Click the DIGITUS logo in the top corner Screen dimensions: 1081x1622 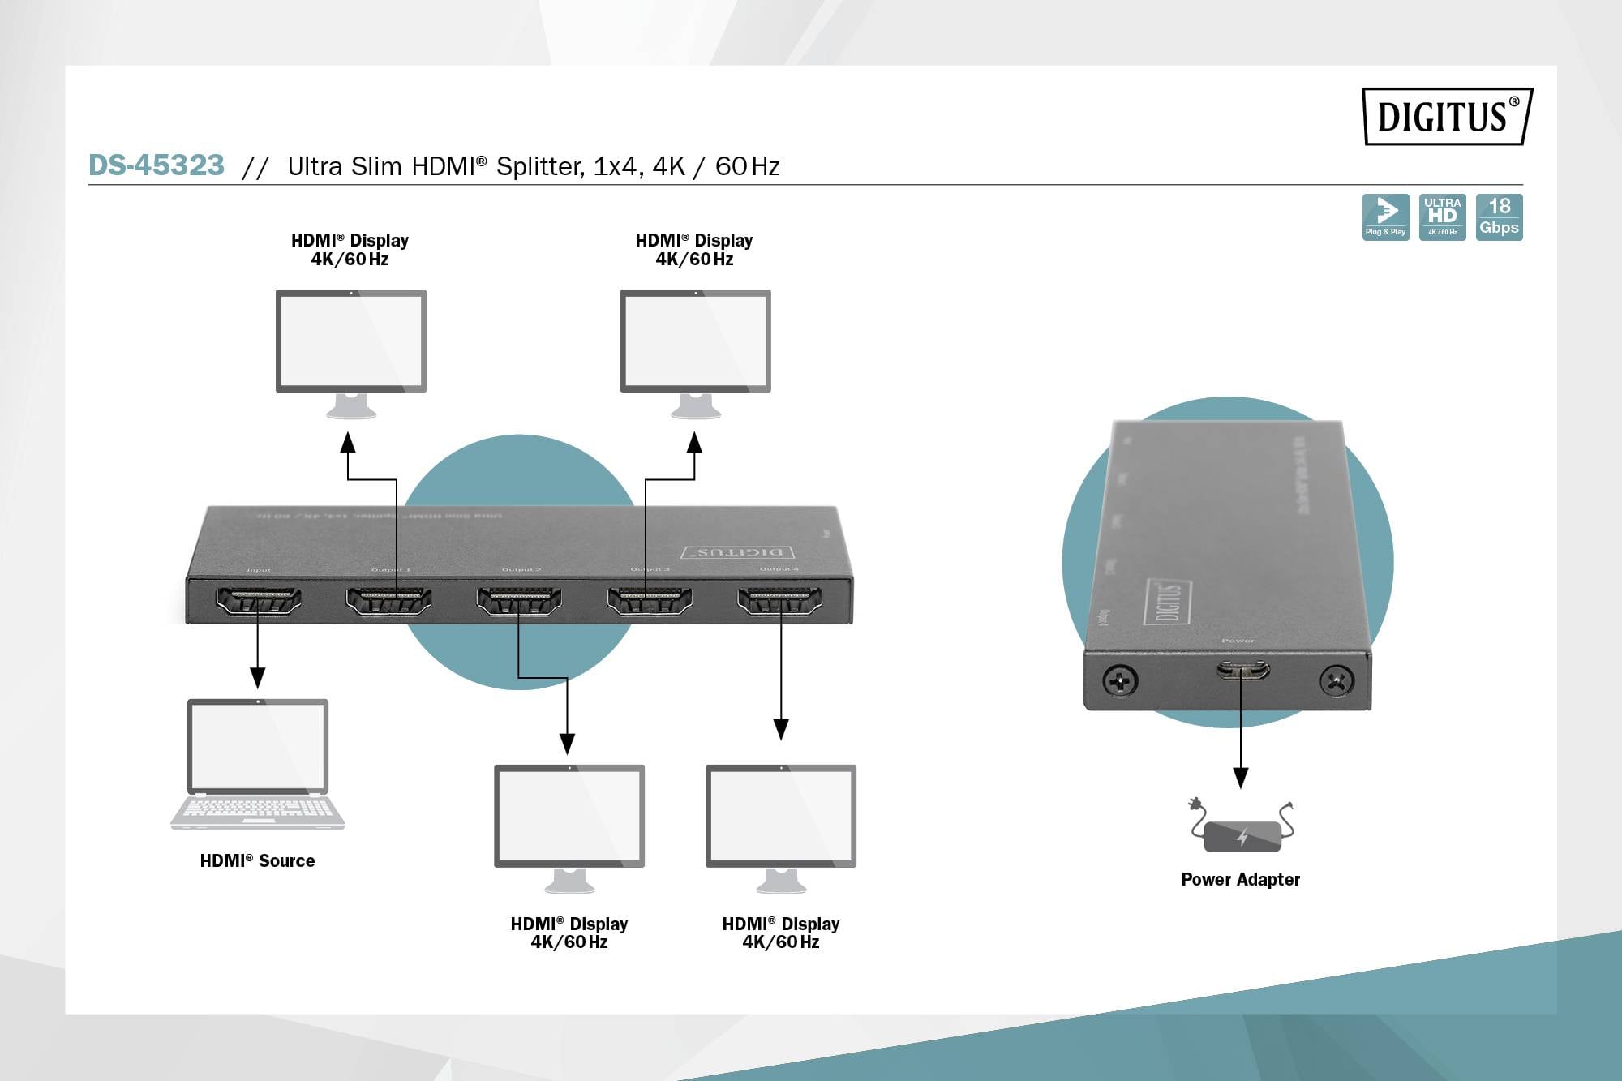1447,116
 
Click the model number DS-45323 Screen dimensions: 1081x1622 157,165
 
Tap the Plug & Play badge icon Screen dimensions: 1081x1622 1385,217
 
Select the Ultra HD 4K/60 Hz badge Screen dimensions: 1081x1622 1442,217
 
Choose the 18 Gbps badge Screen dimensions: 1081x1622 1499,217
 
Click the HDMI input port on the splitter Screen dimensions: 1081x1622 258,601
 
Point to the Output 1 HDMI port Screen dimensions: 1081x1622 388,601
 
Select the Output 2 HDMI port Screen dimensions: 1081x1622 519,601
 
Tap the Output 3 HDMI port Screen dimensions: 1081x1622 650,601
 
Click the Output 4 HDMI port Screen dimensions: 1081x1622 779,601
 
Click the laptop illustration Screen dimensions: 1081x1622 258,764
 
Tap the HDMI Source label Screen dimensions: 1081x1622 257,860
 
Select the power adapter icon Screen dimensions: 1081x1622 1242,829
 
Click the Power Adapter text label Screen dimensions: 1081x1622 1240,879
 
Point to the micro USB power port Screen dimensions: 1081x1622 1242,670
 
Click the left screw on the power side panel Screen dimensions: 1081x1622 1120,680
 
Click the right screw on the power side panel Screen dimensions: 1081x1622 1336,680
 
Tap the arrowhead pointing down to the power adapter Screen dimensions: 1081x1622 1241,779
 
